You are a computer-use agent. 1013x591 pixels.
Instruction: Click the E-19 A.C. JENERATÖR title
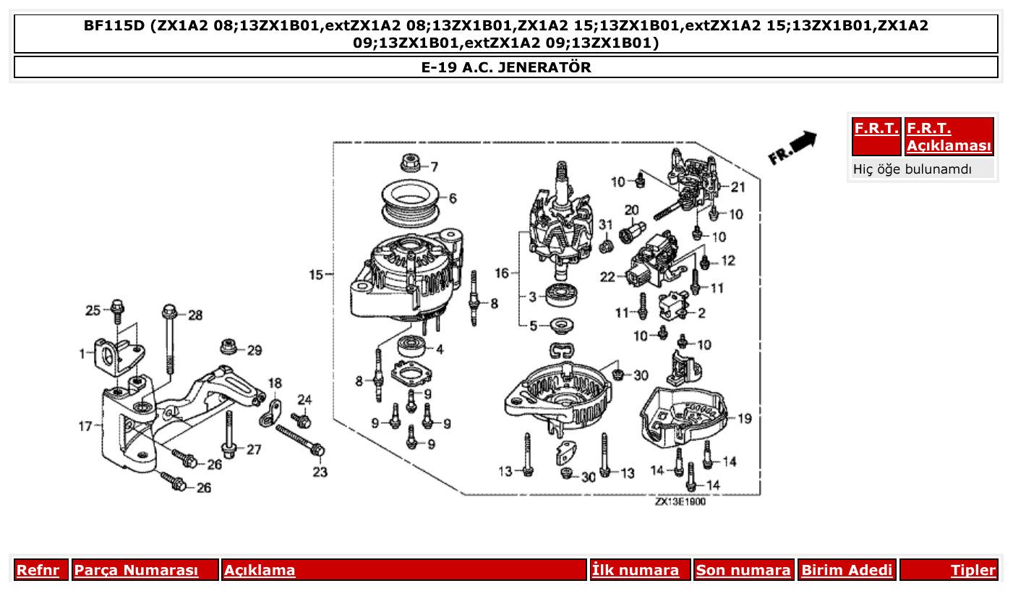point(505,67)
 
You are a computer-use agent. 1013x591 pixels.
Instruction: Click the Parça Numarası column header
point(137,570)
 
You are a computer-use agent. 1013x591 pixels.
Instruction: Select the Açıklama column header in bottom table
point(260,570)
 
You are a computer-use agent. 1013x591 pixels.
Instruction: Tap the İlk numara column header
point(636,570)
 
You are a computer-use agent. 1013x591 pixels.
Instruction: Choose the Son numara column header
point(743,570)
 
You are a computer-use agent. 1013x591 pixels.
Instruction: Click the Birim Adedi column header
point(847,570)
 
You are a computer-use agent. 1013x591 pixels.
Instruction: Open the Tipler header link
point(973,570)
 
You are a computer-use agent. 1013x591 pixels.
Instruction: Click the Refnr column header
point(38,570)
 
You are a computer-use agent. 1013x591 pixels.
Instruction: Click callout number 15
point(316,275)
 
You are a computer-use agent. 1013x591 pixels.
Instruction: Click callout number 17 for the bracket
point(85,427)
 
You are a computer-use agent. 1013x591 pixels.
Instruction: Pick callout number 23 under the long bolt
point(320,472)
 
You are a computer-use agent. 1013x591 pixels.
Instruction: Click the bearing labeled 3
point(560,294)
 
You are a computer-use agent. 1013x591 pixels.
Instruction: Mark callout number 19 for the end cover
point(745,418)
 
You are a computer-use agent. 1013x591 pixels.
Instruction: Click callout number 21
point(738,187)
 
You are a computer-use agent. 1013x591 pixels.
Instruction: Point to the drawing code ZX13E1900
point(680,502)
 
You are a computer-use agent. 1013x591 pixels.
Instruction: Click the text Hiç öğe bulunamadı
point(912,169)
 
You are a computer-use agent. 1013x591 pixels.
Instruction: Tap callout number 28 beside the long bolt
point(196,315)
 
